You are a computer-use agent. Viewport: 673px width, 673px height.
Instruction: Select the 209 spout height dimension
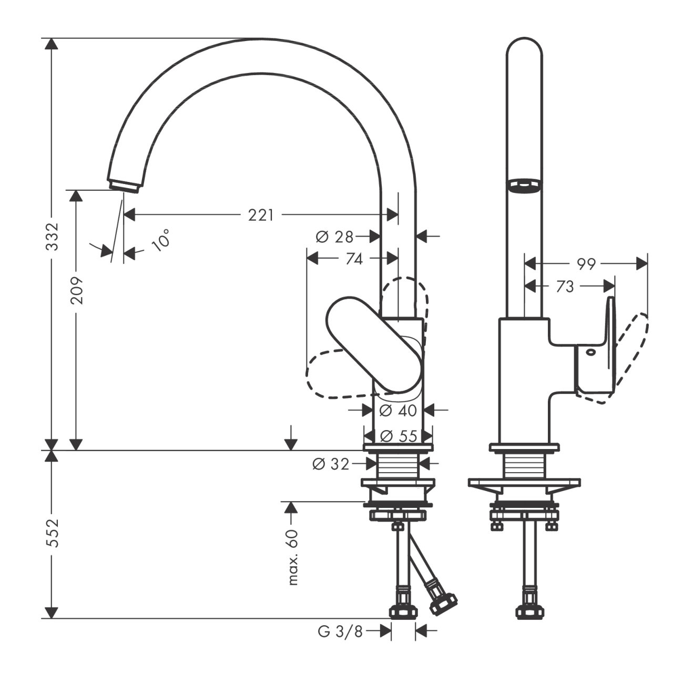[x=77, y=290]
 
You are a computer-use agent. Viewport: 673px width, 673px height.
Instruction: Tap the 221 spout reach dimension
[x=261, y=215]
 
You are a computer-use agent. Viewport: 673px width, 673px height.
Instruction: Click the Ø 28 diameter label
[x=334, y=237]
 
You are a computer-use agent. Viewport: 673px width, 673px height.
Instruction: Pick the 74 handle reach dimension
[x=354, y=259]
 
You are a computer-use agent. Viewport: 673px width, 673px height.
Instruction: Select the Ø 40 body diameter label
[x=398, y=410]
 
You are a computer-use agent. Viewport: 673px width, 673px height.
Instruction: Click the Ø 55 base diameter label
[x=399, y=436]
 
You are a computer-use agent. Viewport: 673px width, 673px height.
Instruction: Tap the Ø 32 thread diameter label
[x=331, y=464]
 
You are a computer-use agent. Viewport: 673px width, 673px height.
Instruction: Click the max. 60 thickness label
[x=293, y=557]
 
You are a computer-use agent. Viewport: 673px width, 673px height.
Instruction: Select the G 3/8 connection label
[x=341, y=632]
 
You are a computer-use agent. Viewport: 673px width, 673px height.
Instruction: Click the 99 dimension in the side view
[x=586, y=264]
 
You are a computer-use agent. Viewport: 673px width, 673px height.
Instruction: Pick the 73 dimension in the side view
[x=564, y=287]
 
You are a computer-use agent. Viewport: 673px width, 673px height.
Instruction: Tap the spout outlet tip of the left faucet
[x=124, y=186]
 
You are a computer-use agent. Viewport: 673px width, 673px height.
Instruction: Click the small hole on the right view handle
[x=590, y=352]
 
